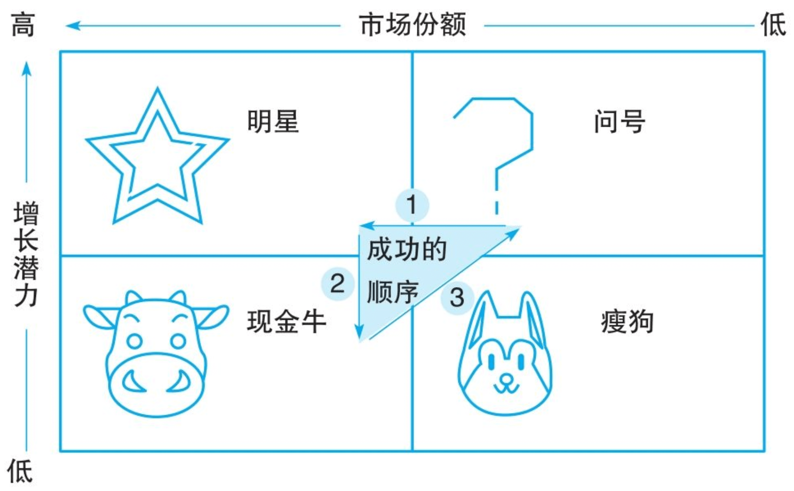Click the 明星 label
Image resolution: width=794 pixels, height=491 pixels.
tap(273, 121)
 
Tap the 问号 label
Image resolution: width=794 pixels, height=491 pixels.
tap(619, 121)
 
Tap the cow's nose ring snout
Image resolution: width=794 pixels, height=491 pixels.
tap(156, 385)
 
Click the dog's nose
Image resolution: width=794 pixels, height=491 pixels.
tap(506, 379)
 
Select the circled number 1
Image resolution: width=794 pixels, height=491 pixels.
tap(412, 205)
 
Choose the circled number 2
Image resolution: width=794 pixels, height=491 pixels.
tap(337, 284)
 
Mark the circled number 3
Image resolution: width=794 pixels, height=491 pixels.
tap(457, 298)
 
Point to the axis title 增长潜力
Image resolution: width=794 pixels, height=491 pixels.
tap(26, 254)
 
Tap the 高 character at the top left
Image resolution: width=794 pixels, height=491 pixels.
tap(23, 25)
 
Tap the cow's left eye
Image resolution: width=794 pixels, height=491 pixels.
tap(135, 341)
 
